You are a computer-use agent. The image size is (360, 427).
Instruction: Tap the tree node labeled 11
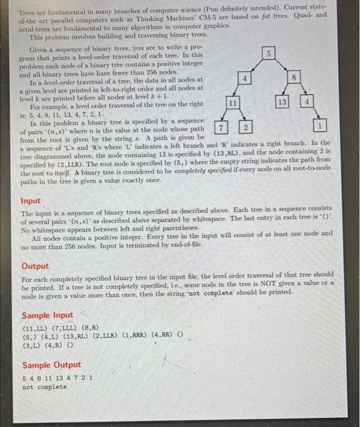tap(232, 104)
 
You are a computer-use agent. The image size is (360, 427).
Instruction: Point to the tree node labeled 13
tap(281, 102)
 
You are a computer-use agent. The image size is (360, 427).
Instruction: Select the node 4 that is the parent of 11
tap(245, 79)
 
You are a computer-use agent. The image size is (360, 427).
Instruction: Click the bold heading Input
tap(31, 201)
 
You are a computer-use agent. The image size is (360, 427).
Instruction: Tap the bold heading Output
tap(35, 267)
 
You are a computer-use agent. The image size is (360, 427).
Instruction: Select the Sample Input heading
tap(47, 315)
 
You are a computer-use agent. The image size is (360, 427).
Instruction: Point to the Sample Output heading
tap(51, 365)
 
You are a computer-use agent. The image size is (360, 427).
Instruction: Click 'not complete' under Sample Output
tap(45, 387)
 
